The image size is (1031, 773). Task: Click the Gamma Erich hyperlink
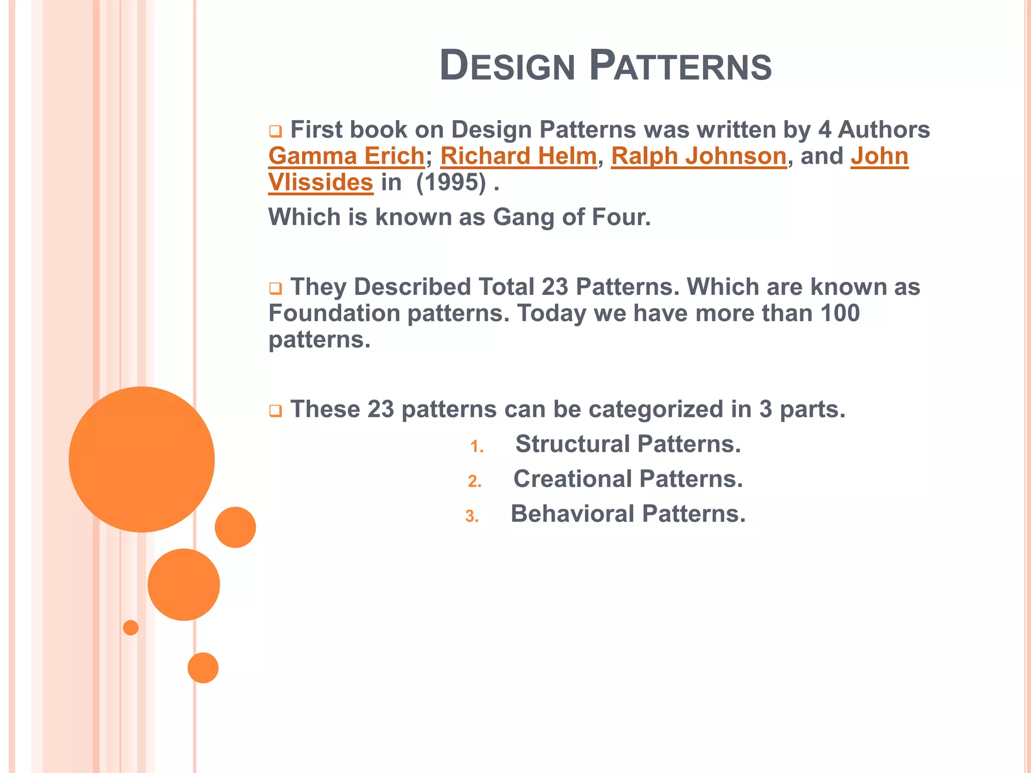click(346, 156)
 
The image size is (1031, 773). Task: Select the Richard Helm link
click(519, 156)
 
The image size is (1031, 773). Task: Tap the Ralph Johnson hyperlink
click(699, 156)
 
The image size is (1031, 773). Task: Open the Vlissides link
click(321, 182)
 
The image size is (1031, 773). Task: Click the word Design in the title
click(507, 65)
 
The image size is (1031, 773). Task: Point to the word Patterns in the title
click(680, 65)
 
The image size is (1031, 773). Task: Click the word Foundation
click(334, 313)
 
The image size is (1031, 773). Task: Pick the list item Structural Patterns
click(628, 444)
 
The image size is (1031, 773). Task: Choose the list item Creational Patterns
click(628, 479)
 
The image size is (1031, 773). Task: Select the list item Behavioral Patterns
click(628, 514)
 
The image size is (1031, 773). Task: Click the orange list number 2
click(474, 482)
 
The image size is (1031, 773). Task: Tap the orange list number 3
click(472, 517)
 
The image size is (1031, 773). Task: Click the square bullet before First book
click(275, 132)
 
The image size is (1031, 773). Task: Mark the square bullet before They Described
click(275, 289)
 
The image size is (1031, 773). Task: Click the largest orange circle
click(142, 459)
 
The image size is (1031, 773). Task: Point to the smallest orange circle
click(131, 628)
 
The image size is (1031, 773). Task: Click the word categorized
click(656, 409)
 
